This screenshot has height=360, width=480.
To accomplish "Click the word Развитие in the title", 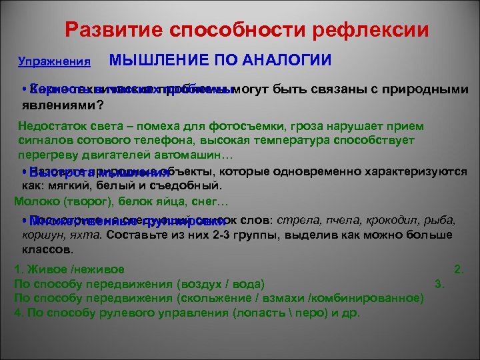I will (x=113, y=31).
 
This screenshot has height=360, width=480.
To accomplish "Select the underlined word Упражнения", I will (x=54, y=62).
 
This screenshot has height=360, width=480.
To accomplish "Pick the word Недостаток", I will (x=51, y=126).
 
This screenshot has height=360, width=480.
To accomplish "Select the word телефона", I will (x=200, y=140).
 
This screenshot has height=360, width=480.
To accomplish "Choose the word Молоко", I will (x=33, y=199).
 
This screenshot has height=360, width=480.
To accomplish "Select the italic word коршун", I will (x=39, y=235).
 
